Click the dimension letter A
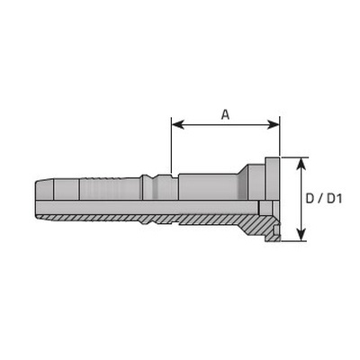click(x=225, y=114)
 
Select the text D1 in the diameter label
click(x=334, y=199)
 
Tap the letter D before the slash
click(x=310, y=199)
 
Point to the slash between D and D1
click(x=319, y=199)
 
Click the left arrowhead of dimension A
click(x=177, y=124)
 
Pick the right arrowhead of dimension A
click(x=274, y=124)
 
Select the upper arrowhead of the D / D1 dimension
click(x=301, y=163)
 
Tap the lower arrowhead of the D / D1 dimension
click(x=301, y=235)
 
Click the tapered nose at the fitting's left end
click(x=44, y=190)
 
